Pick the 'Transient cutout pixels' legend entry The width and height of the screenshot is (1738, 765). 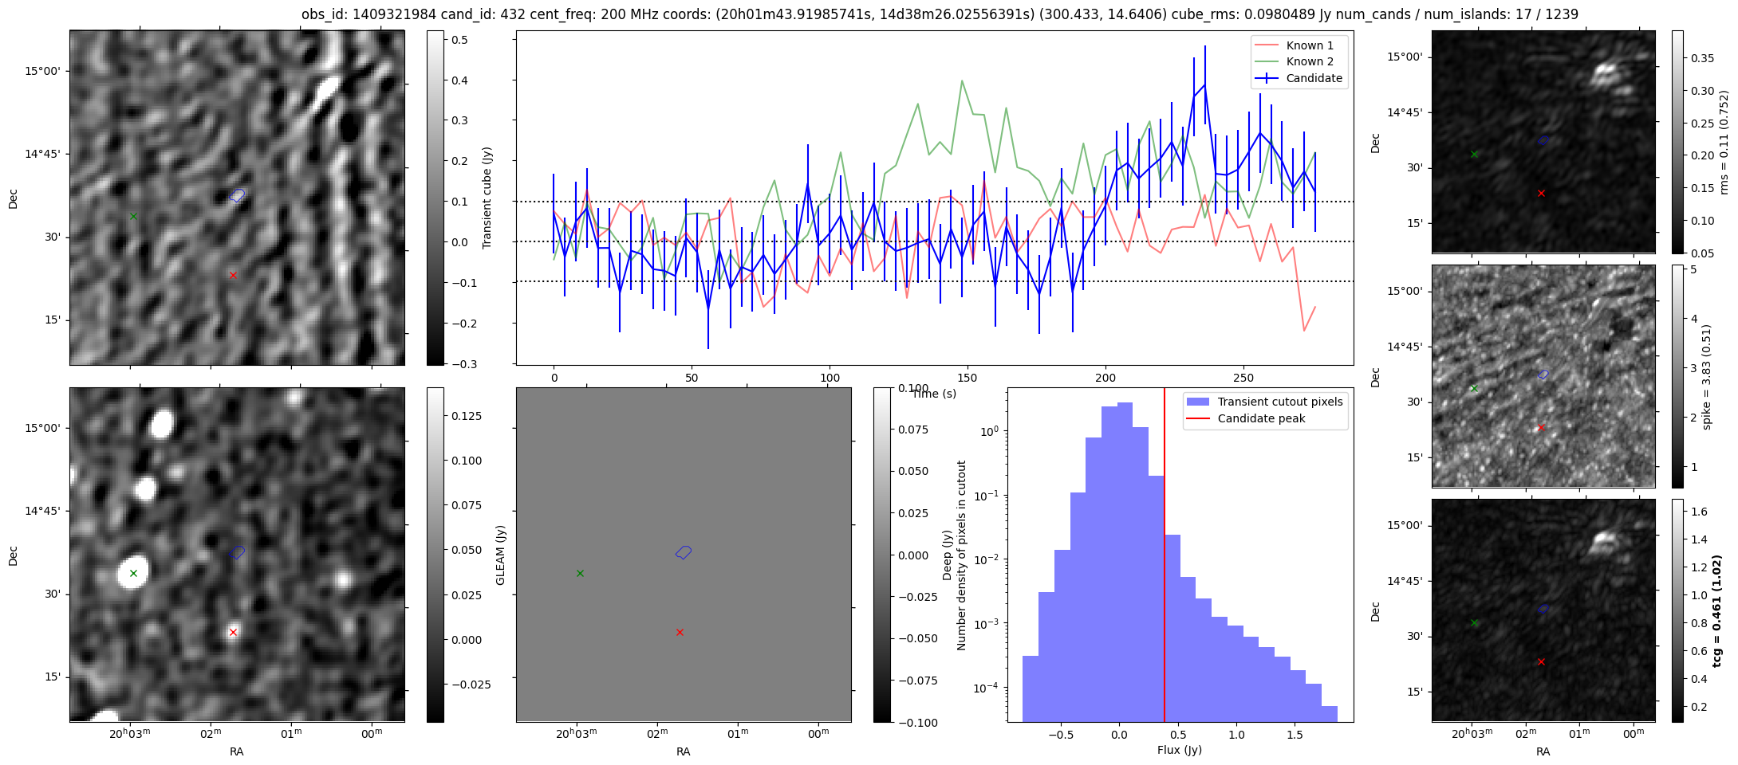pyautogui.click(x=1264, y=402)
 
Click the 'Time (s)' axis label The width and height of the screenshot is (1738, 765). pyautogui.click(x=934, y=394)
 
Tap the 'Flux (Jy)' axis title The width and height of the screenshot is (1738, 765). pyautogui.click(x=1180, y=750)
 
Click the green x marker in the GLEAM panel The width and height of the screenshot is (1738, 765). pyautogui.click(x=580, y=573)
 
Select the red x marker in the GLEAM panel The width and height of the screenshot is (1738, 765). pyautogui.click(x=680, y=632)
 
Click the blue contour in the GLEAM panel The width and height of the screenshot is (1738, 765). pyautogui.click(x=684, y=551)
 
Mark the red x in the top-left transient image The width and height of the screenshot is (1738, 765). pyautogui.click(x=233, y=275)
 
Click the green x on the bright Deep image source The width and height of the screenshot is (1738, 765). pyautogui.click(x=133, y=573)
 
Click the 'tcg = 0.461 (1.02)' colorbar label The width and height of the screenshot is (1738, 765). pyautogui.click(x=1717, y=610)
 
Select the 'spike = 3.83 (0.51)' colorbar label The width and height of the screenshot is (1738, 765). pyautogui.click(x=1707, y=376)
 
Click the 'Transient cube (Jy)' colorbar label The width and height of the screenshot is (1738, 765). pyautogui.click(x=487, y=198)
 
